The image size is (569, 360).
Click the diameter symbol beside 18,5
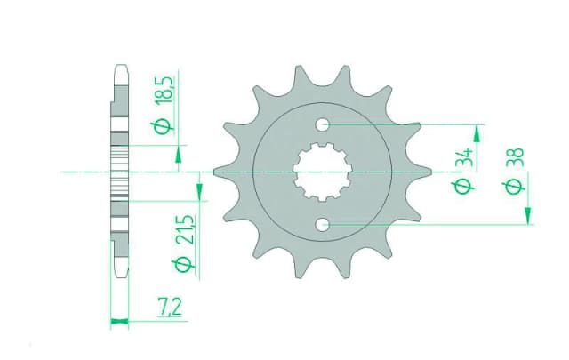(163, 126)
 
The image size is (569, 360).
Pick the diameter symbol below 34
(461, 186)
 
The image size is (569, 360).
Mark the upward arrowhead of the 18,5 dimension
(180, 156)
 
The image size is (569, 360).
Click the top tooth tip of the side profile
(119, 68)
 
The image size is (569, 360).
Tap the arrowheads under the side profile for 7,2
(119, 321)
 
